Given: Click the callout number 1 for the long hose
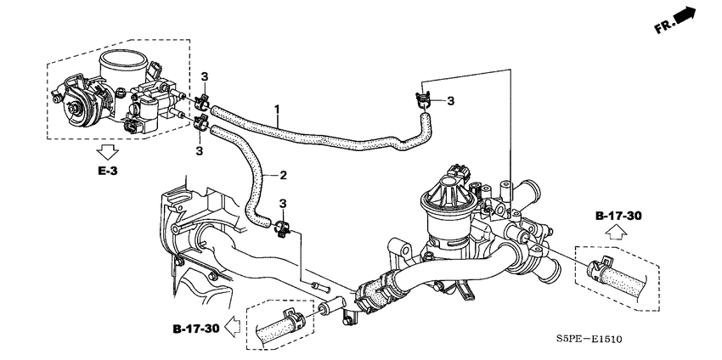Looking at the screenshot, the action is [277, 110].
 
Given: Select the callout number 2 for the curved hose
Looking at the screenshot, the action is [283, 176].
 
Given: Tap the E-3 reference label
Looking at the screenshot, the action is [108, 172].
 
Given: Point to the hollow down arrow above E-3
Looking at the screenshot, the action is [109, 151].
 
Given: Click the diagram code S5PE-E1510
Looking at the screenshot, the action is [589, 340].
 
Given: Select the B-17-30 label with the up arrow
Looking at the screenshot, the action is [618, 216].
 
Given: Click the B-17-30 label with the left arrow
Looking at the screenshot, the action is [196, 329].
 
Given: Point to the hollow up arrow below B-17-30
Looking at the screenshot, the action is [616, 233].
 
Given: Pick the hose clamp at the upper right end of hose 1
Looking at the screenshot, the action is [424, 99].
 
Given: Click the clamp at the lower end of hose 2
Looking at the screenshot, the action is [283, 228].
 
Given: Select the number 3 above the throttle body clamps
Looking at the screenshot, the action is [205, 77].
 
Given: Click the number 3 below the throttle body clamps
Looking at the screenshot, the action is [200, 150].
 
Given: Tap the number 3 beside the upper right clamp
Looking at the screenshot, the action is [450, 100].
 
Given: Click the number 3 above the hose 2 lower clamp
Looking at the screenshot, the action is [283, 203].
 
